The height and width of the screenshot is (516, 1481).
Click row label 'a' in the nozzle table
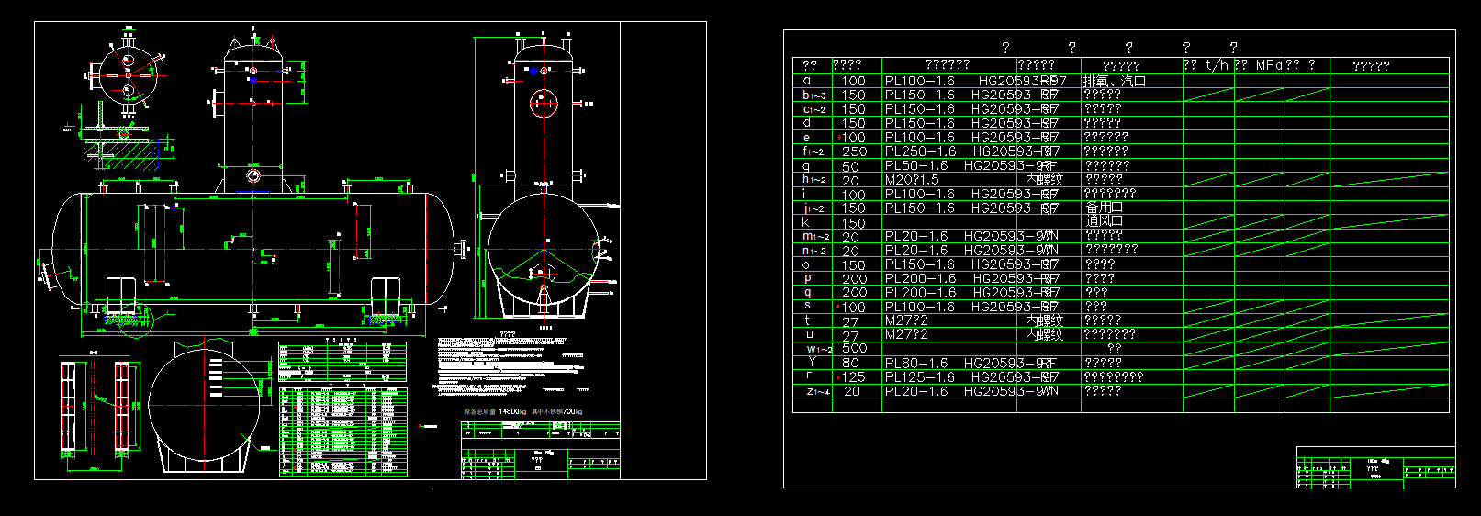(x=807, y=81)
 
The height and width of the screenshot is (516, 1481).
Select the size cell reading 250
(x=854, y=151)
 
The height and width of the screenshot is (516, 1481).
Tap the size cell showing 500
(x=854, y=349)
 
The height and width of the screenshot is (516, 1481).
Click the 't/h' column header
(x=1217, y=65)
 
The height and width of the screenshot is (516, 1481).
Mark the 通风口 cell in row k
(x=1105, y=221)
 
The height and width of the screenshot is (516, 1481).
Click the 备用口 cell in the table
(x=1105, y=208)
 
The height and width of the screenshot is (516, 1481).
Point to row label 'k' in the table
(x=806, y=222)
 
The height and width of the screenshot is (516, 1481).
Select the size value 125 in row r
(x=854, y=377)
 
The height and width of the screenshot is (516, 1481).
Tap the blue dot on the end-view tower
(x=532, y=71)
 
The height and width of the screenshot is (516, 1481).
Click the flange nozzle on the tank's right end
(x=462, y=248)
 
